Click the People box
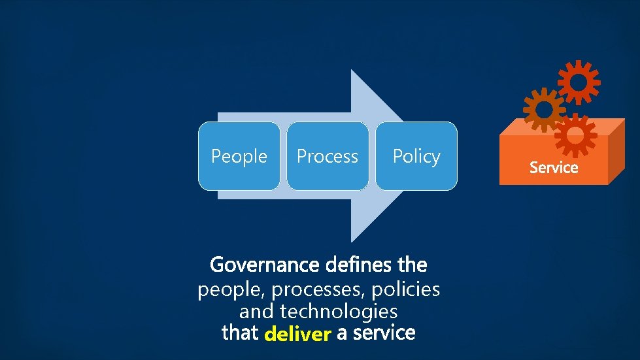pyautogui.click(x=239, y=156)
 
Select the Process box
pyautogui.click(x=328, y=156)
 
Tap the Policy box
pyautogui.click(x=416, y=156)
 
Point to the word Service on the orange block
pyautogui.click(x=554, y=167)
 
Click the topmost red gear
pyautogui.click(x=579, y=82)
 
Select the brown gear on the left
pyautogui.click(x=543, y=110)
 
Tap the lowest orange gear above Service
pyautogui.click(x=575, y=135)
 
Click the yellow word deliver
pyautogui.click(x=297, y=335)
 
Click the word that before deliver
pyautogui.click(x=240, y=333)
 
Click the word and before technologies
pyautogui.click(x=256, y=310)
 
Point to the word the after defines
pyautogui.click(x=412, y=265)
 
